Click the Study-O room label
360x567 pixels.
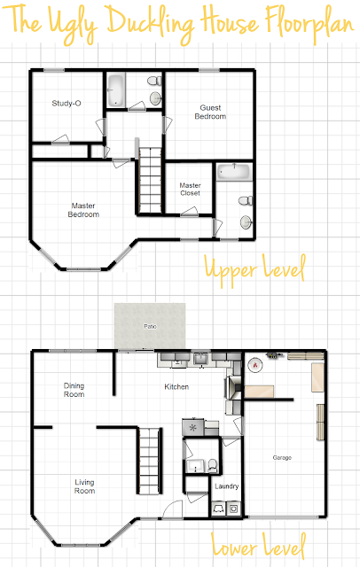click(x=67, y=104)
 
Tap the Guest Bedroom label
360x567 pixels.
click(x=210, y=113)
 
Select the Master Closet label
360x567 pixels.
click(x=190, y=189)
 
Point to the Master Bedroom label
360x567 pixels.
click(x=83, y=210)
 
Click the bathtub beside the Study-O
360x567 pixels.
click(x=116, y=90)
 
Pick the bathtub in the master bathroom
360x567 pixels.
click(x=234, y=171)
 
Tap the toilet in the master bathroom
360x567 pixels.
click(x=246, y=200)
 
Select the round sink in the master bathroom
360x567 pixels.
click(x=247, y=221)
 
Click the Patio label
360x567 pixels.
click(x=150, y=327)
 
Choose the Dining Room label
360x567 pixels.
click(x=74, y=390)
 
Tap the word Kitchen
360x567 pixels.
click(x=176, y=387)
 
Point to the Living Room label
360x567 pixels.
click(x=84, y=486)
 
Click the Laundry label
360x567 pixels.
click(x=227, y=486)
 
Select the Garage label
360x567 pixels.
click(x=282, y=458)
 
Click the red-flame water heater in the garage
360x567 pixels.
click(x=255, y=365)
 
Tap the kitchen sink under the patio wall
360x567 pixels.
click(x=200, y=359)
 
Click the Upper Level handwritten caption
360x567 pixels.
click(x=255, y=270)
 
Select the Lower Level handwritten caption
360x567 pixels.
click(x=259, y=546)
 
